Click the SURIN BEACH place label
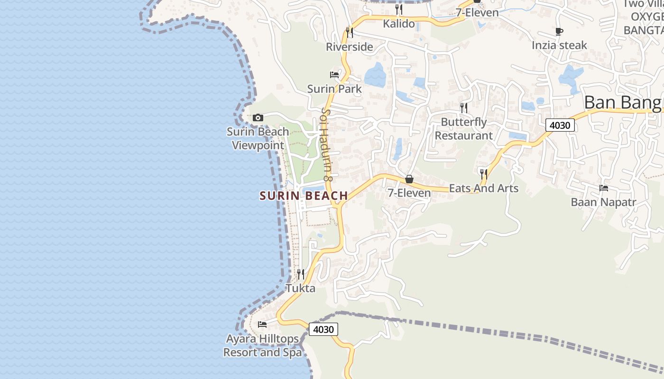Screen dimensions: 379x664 (x=304, y=195)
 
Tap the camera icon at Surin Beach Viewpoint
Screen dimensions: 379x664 (x=258, y=117)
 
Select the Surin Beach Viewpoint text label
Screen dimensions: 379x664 (x=258, y=138)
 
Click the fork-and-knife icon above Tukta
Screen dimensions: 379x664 (x=301, y=274)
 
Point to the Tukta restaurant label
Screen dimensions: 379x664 (x=300, y=288)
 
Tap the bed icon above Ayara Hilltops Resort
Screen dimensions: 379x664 (x=262, y=325)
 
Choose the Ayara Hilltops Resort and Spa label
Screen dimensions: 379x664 (x=262, y=345)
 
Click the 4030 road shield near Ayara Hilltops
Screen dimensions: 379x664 (x=323, y=329)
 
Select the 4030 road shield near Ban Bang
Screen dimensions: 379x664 (x=560, y=125)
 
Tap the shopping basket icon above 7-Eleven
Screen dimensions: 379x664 (x=409, y=179)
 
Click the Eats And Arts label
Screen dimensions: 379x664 (x=483, y=188)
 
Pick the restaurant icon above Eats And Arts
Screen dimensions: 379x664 (x=483, y=174)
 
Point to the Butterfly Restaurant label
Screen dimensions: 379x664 (x=464, y=128)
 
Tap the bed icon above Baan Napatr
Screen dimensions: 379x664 (x=604, y=188)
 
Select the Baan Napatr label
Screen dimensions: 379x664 (x=603, y=202)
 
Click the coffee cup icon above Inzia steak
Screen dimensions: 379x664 (x=559, y=32)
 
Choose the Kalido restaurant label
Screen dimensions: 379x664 (x=399, y=24)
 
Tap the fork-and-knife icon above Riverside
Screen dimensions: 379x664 (x=350, y=32)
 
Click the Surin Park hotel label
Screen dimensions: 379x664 (x=334, y=89)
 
